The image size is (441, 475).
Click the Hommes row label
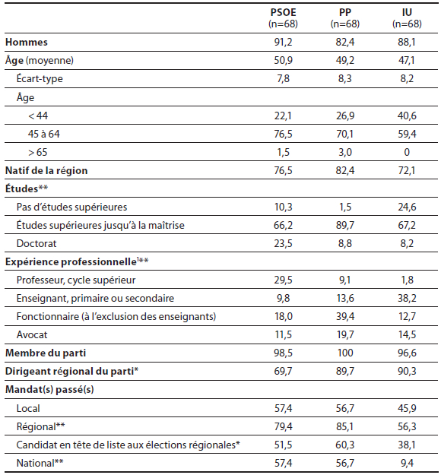(x=27, y=42)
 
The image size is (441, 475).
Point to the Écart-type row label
(x=40, y=78)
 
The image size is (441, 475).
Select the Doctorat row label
(x=36, y=243)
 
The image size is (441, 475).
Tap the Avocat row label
(x=32, y=334)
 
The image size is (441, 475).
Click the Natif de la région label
(x=46, y=170)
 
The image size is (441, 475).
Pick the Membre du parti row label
(x=46, y=353)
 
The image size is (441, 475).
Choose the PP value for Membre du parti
(x=345, y=353)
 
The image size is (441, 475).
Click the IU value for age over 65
(x=407, y=152)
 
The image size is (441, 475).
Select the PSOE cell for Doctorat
(x=283, y=243)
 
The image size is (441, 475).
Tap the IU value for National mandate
(x=407, y=463)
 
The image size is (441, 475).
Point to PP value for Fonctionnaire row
(x=345, y=317)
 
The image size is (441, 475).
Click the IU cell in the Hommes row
(x=407, y=42)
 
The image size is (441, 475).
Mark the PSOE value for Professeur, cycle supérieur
(x=283, y=280)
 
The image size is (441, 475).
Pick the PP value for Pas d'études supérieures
(x=345, y=207)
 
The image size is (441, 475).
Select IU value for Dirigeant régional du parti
(x=407, y=372)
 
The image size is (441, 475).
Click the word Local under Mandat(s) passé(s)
(x=28, y=408)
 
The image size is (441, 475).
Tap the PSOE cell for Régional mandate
(x=283, y=426)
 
